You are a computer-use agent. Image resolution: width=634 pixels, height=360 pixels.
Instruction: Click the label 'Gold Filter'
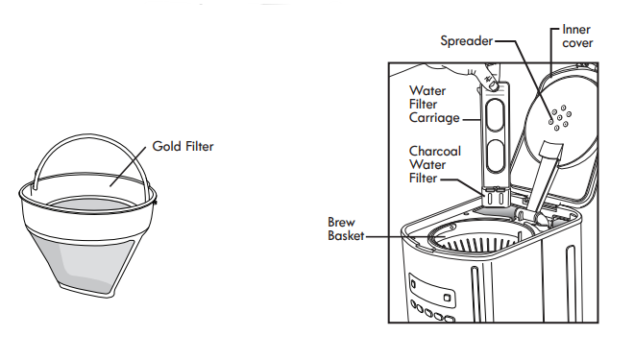(x=183, y=147)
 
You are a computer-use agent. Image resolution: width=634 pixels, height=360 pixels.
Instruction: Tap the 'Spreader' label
(x=466, y=40)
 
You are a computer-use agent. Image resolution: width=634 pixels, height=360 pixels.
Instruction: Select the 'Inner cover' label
(x=577, y=36)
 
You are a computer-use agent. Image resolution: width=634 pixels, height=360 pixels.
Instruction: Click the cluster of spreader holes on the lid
(x=560, y=117)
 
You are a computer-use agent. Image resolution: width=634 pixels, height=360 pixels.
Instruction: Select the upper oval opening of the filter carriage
(x=496, y=116)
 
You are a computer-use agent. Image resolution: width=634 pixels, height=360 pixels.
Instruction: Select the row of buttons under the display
(x=431, y=314)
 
